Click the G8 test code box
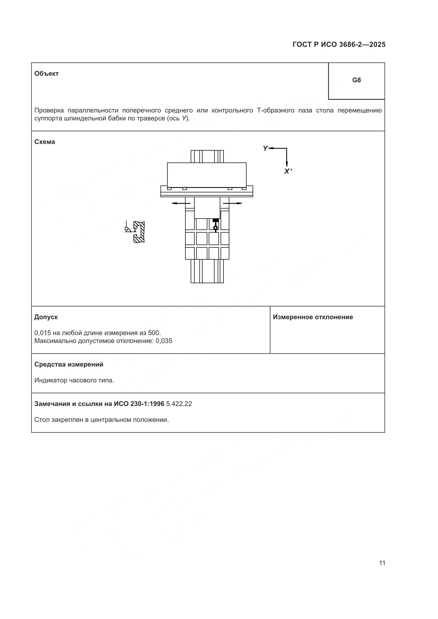tap(356, 80)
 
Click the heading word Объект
tap(46, 74)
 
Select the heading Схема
tap(44, 142)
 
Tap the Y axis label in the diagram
tap(265, 148)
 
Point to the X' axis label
tap(288, 171)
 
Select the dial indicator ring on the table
tap(215, 228)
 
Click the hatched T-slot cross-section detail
tap(139, 232)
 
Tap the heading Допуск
tap(46, 317)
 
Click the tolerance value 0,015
tap(43, 333)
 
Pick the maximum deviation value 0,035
tap(164, 341)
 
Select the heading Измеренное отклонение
tap(313, 317)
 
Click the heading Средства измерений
tap(69, 364)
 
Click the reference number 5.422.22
tap(179, 404)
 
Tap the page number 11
tap(382, 563)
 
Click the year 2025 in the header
tap(377, 44)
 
